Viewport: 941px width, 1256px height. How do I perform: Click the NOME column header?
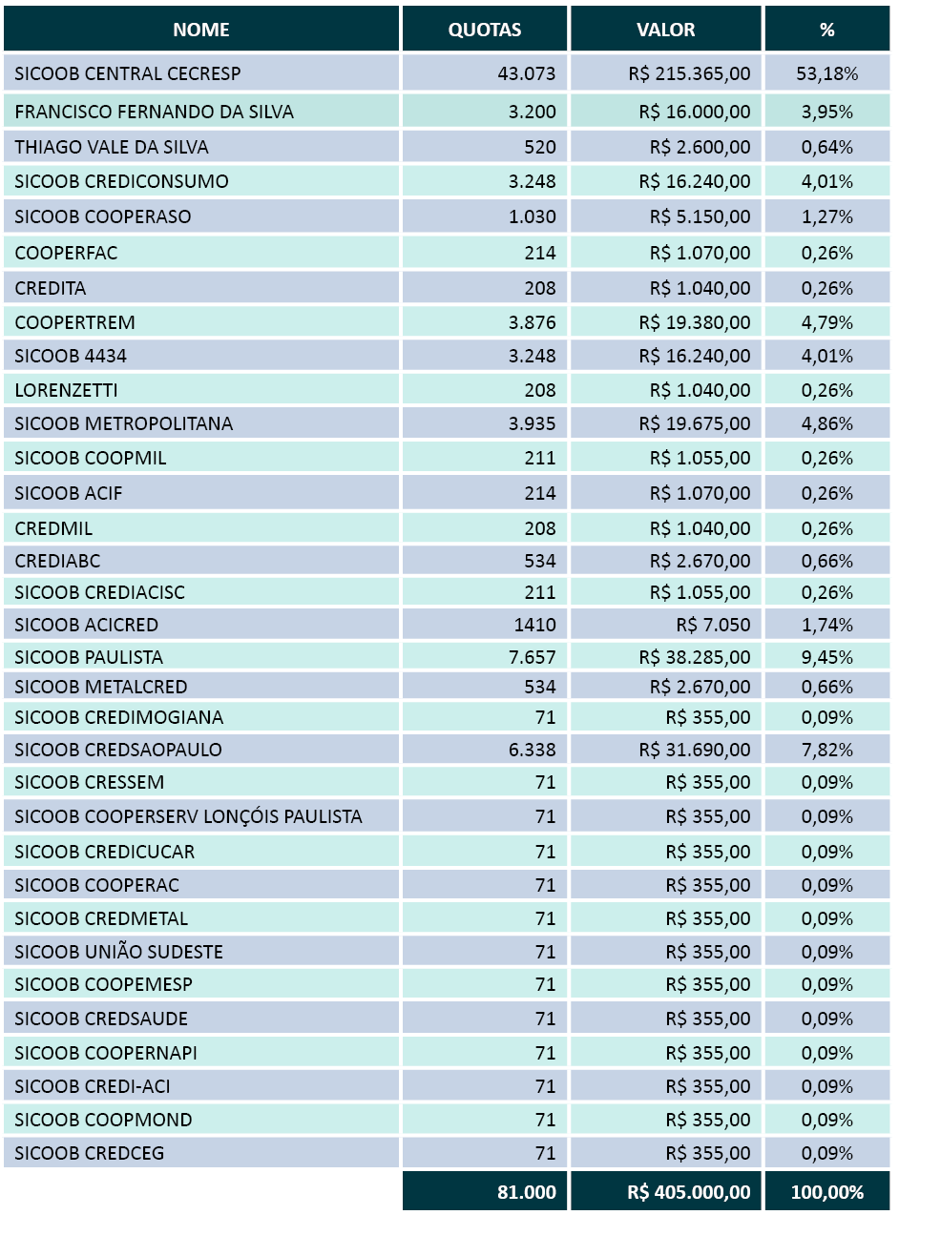201,30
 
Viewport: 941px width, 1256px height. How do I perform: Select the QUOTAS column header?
485,30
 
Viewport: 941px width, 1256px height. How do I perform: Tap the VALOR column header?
666,30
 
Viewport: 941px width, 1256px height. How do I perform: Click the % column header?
826,30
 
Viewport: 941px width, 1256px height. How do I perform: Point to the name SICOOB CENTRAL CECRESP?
128,73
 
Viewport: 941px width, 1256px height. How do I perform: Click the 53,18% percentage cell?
826,73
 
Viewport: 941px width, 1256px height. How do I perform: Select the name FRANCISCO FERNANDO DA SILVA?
155,112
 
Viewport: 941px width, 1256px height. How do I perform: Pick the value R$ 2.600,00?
700,147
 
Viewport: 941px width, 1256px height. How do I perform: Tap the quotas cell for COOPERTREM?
532,322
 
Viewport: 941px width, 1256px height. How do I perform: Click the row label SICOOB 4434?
71,356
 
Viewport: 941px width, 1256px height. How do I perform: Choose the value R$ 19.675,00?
695,423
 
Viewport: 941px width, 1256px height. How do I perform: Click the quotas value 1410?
534,625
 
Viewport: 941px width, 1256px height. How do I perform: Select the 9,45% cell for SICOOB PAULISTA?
826,657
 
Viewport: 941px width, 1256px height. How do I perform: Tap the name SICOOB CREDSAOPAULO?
118,750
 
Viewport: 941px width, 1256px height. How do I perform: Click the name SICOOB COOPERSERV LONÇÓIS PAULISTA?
188,816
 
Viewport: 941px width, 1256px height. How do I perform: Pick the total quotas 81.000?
526,1192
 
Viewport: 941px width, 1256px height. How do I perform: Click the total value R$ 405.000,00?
688,1192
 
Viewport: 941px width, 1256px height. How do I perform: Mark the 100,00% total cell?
826,1192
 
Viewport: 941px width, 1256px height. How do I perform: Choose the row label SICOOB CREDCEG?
90,1153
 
